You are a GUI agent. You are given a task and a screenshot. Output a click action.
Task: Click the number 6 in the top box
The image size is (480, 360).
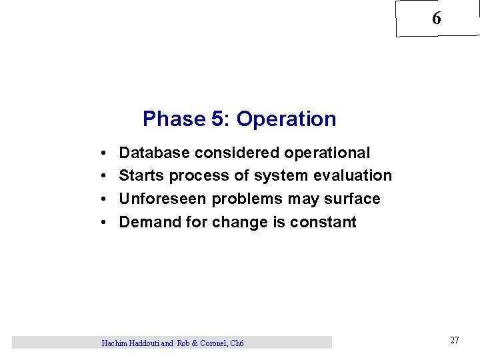(436, 19)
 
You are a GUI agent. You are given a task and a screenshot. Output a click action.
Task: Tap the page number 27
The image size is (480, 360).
(454, 341)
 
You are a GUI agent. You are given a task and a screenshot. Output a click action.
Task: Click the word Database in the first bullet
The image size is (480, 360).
(155, 153)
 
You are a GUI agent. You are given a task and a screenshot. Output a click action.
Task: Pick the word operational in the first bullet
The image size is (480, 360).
(327, 153)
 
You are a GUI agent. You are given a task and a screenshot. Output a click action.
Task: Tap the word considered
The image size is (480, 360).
(237, 153)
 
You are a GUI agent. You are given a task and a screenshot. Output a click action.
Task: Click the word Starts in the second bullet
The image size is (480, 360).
(142, 176)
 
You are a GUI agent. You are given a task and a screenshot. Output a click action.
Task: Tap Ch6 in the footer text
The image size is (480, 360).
(236, 343)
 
